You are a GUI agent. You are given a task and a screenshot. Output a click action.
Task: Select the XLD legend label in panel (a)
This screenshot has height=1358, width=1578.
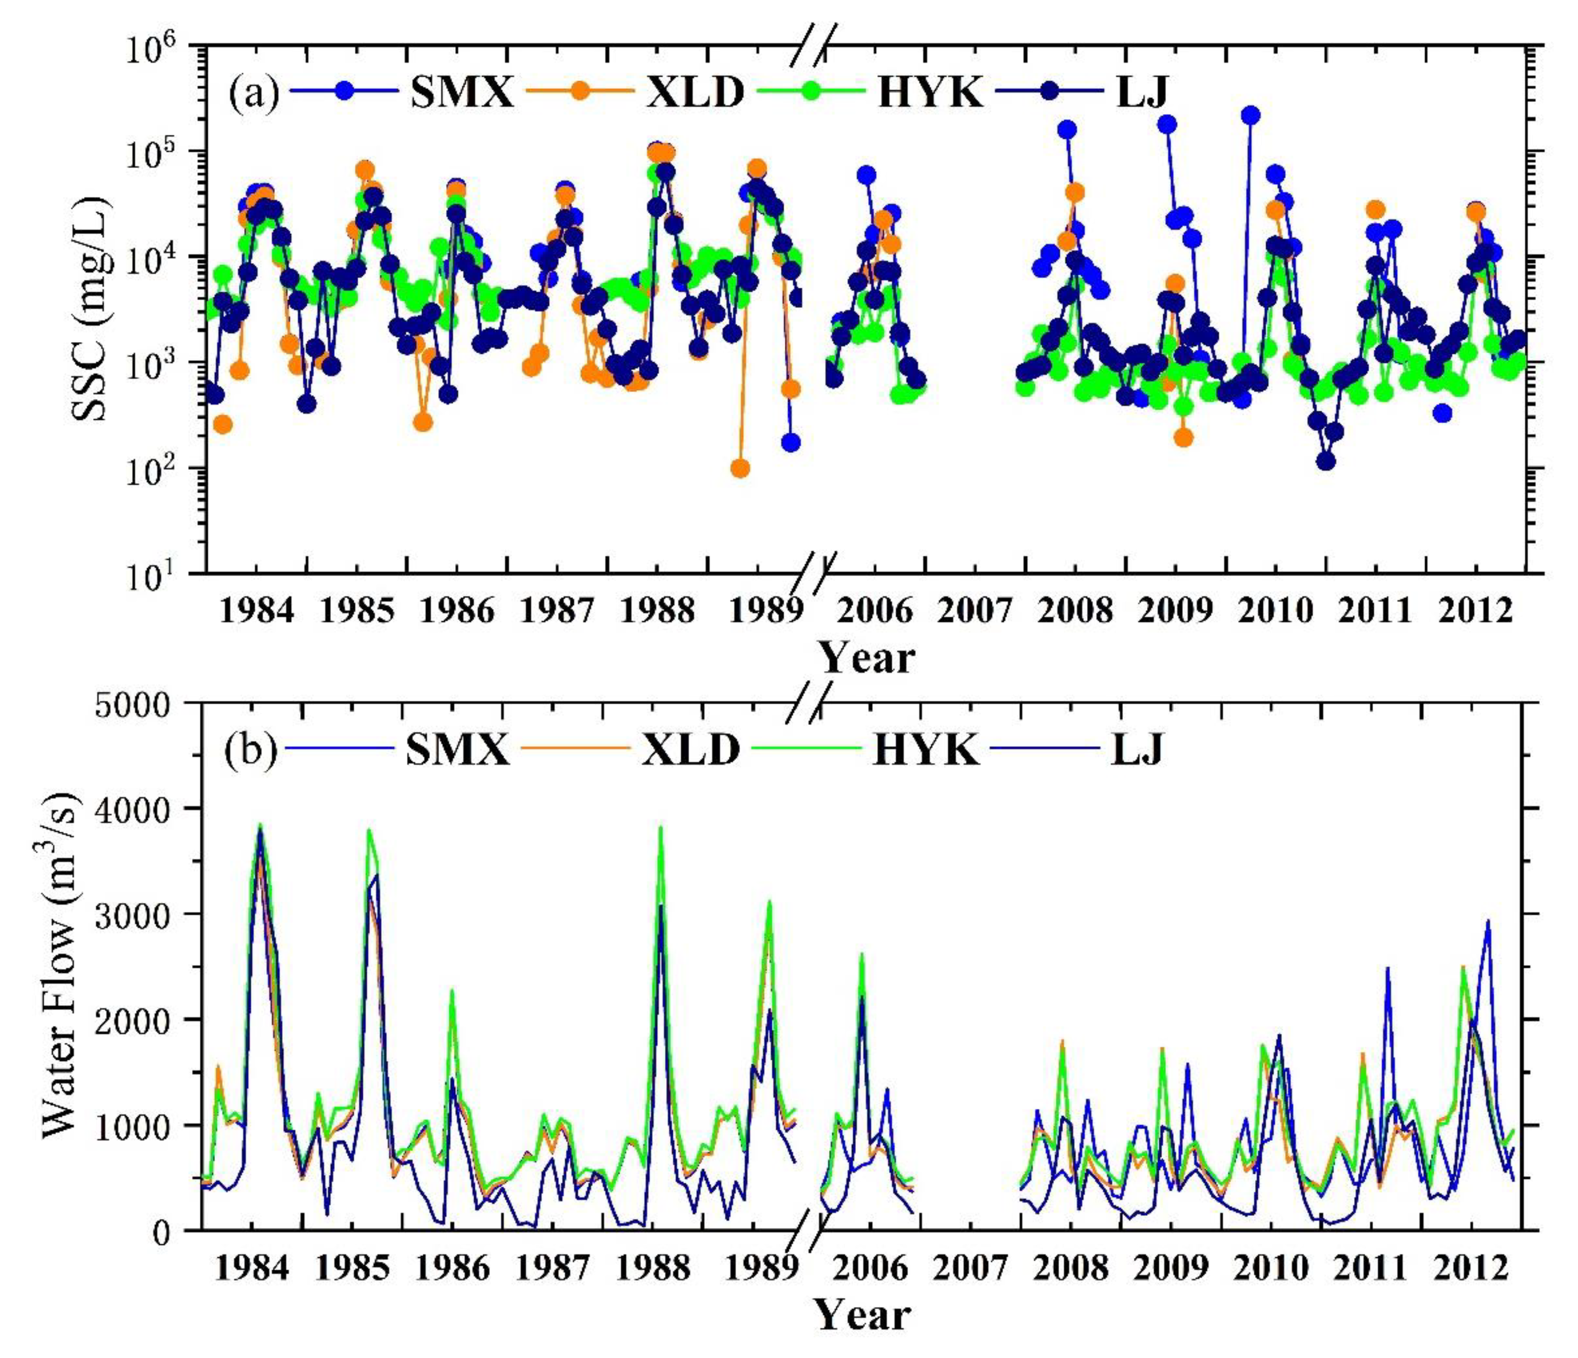[695, 92]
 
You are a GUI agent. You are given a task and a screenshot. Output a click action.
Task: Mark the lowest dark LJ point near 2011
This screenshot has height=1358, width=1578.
[1326, 462]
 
